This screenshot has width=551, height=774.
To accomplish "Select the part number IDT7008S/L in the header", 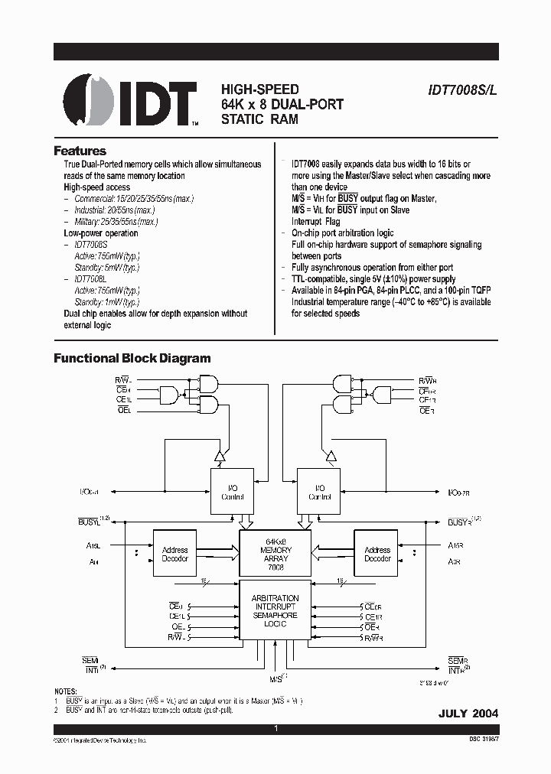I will (463, 89).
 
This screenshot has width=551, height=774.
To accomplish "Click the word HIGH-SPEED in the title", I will (260, 89).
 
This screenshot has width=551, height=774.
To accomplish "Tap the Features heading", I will (80, 151).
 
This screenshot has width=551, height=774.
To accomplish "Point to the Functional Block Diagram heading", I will (131, 358).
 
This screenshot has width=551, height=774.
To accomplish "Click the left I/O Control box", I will (233, 493).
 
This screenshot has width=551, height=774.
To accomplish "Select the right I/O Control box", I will (319, 493).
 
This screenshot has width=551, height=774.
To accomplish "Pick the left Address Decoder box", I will (175, 554).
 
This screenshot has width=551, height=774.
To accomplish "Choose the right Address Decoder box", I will (377, 554).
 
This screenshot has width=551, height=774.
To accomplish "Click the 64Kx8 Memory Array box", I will (275, 554).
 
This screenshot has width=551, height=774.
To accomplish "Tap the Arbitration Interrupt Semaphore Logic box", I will (275, 611).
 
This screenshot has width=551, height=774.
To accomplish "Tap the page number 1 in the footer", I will (275, 728).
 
